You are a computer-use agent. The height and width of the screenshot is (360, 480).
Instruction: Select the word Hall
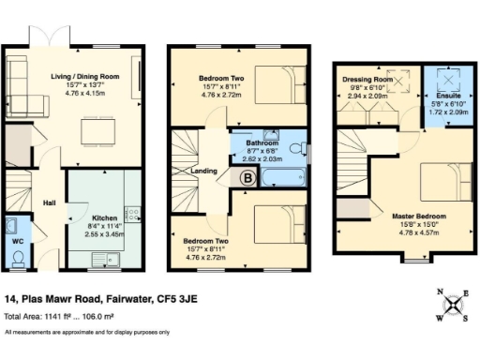point(50,202)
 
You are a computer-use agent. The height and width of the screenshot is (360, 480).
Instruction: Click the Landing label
point(204,171)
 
